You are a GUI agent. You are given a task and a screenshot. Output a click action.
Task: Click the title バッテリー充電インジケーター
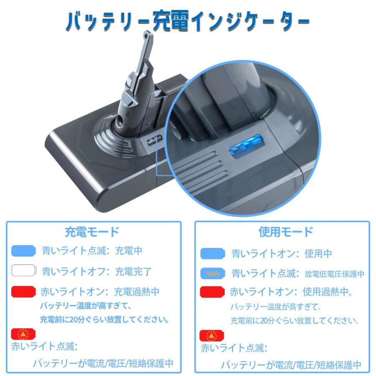[188, 21]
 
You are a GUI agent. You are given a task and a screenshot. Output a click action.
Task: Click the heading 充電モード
[92, 231]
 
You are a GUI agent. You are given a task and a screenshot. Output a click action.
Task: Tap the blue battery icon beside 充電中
[24, 251]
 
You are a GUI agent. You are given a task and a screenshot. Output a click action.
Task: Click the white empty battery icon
[24, 271]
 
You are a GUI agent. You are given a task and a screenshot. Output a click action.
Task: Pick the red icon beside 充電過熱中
[24, 291]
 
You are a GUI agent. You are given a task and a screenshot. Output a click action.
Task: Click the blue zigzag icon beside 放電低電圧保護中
[213, 274]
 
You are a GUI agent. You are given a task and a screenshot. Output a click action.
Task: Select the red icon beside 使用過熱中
[213, 292]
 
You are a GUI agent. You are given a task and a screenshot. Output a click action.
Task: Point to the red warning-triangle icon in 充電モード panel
[23, 334]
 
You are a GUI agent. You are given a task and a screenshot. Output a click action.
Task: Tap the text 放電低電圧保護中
[335, 274]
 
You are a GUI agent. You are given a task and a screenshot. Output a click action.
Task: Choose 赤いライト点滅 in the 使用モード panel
[234, 348]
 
